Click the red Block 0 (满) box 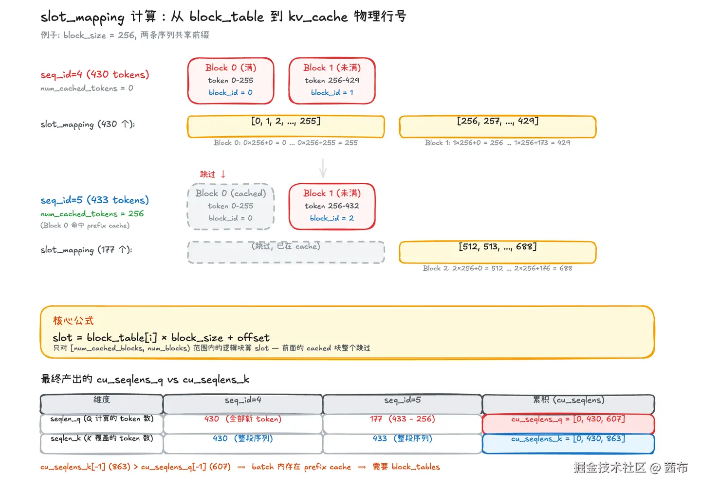[231, 80]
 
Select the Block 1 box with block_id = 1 [332, 80]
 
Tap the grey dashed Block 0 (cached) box [231, 206]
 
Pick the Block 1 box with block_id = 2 [332, 206]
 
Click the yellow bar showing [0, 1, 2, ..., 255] [286, 126]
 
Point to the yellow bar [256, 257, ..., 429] [498, 126]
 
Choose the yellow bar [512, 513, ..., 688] [498, 252]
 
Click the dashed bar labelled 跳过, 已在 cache [286, 252]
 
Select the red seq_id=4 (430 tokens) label [94, 74]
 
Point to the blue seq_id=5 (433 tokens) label [94, 200]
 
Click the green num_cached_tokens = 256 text [92, 214]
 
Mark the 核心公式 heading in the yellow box [73, 321]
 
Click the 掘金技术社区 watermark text [609, 468]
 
